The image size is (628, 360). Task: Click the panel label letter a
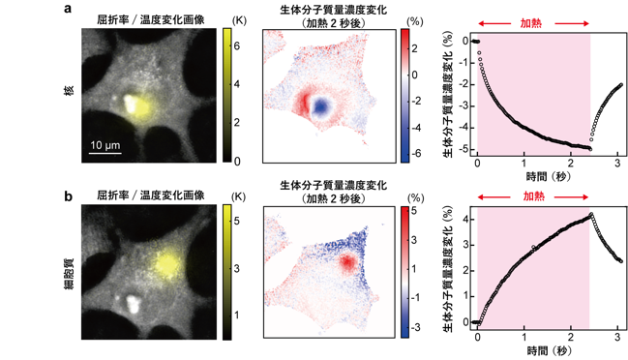(x=68, y=8)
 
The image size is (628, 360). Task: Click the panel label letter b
(x=68, y=196)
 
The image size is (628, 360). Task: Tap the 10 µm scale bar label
(x=105, y=145)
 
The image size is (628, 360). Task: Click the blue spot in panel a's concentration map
(x=320, y=106)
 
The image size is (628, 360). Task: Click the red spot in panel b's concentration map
(x=347, y=262)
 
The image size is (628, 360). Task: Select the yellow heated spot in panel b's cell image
(x=165, y=264)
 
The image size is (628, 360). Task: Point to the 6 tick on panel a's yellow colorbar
(x=237, y=46)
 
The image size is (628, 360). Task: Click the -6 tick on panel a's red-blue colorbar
(x=415, y=153)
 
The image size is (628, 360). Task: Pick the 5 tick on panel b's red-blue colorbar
(x=414, y=211)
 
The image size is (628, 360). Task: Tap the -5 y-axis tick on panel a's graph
(x=463, y=149)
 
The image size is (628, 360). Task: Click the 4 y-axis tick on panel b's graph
(x=465, y=220)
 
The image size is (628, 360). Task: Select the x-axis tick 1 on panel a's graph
(x=523, y=163)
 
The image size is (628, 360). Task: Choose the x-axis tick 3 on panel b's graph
(x=617, y=337)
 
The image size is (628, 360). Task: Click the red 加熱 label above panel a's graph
(x=530, y=23)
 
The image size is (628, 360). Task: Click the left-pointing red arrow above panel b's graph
(x=493, y=197)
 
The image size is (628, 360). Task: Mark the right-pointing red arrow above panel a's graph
(x=572, y=23)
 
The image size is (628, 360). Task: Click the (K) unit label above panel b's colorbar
(x=239, y=197)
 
